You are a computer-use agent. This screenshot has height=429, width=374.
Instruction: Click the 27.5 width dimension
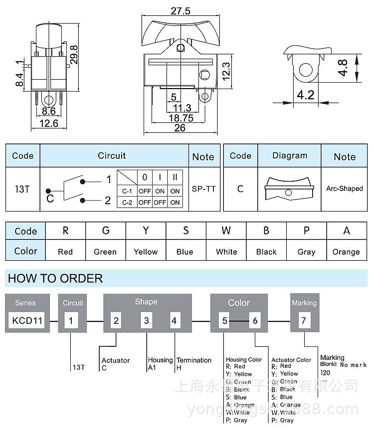(x=181, y=10)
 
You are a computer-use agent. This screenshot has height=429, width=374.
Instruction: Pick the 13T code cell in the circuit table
(x=22, y=189)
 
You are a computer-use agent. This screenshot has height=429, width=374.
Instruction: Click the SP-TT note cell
(x=203, y=189)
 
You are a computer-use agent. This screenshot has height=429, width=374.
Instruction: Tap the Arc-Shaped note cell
(x=345, y=189)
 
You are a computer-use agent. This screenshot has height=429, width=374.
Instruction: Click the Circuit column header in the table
(x=112, y=156)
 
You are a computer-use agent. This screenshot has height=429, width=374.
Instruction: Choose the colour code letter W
(x=226, y=231)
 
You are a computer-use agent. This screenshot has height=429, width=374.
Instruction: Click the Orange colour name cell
(x=346, y=252)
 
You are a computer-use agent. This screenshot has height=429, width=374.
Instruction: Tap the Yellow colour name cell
(x=146, y=252)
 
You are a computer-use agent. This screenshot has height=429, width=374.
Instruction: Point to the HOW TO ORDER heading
(x=55, y=278)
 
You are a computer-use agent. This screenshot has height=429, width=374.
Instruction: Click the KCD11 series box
(x=27, y=321)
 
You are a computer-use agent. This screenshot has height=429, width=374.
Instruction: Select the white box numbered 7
(x=303, y=321)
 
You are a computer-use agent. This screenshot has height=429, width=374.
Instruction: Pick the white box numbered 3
(x=147, y=321)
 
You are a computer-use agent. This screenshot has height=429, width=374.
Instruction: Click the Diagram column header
(x=290, y=156)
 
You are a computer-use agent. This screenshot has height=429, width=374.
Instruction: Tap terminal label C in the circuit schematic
(x=50, y=199)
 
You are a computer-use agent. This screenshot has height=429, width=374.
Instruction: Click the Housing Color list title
(x=244, y=359)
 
